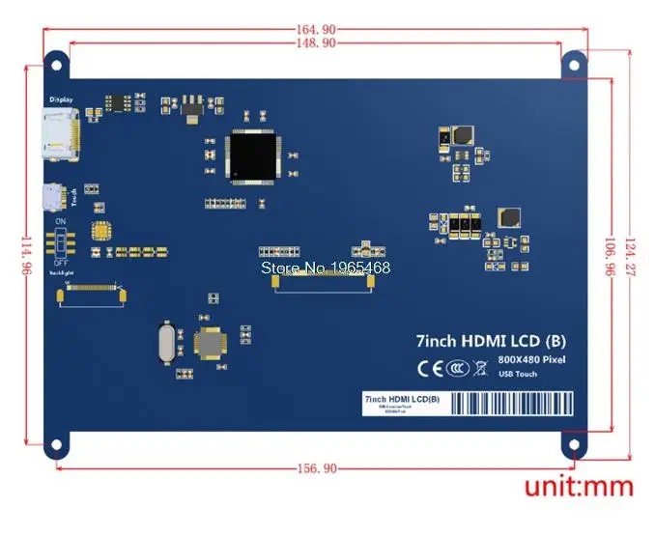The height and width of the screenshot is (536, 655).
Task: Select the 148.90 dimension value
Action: click(316, 43)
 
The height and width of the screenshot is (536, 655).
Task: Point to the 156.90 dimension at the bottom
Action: click(316, 468)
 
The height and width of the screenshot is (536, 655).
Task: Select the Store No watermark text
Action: click(327, 268)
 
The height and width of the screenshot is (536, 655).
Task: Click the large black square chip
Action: click(255, 155)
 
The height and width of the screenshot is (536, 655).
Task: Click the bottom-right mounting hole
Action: click(575, 446)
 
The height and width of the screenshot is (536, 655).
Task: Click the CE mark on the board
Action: click(430, 367)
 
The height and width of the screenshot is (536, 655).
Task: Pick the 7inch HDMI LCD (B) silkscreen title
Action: click(491, 340)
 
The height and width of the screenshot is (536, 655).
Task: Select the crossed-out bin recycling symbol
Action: click(480, 367)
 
